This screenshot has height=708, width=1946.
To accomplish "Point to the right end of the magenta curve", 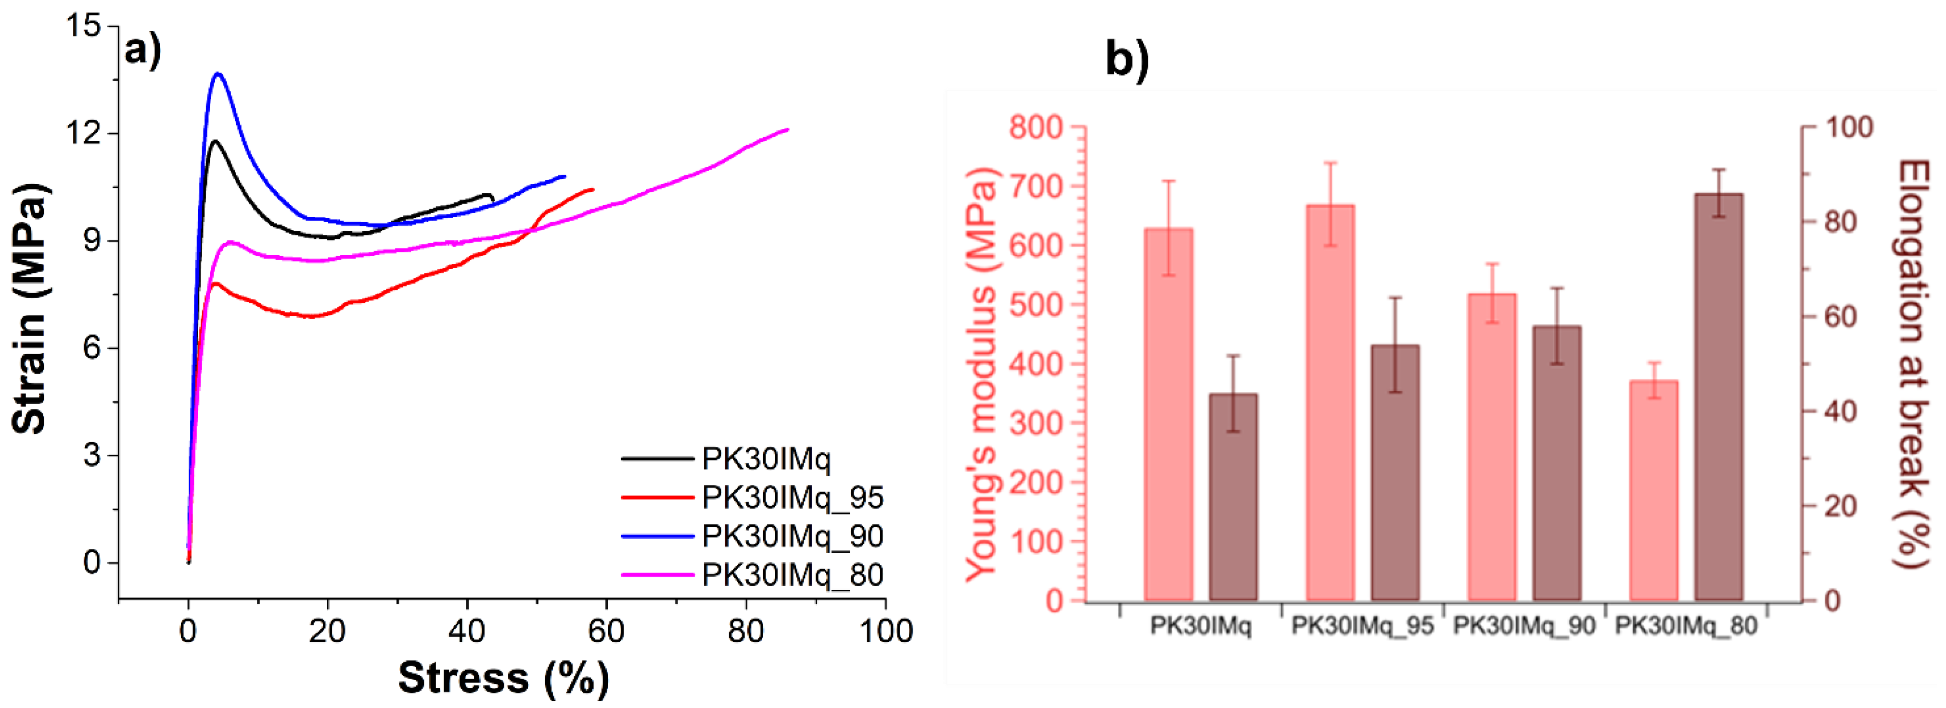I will [x=787, y=129].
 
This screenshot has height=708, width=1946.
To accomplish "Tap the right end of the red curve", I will [x=592, y=189].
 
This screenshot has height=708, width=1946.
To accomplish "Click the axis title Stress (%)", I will [x=503, y=677].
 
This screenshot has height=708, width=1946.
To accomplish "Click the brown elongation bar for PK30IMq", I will [x=1233, y=497].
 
